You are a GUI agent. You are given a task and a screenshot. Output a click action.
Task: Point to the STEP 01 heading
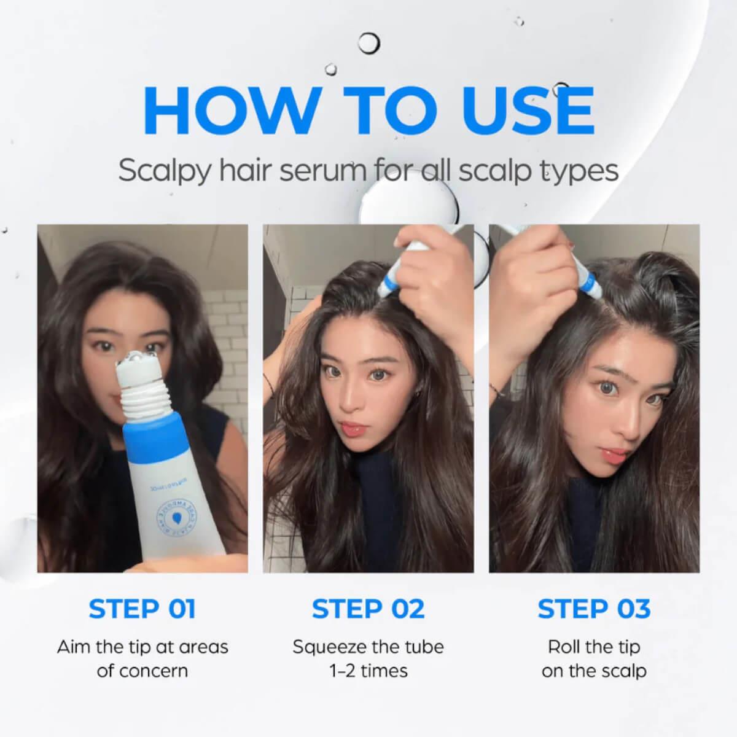click(x=142, y=609)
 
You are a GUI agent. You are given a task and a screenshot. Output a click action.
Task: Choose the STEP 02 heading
click(x=368, y=609)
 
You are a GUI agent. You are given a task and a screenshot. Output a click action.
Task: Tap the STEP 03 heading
click(x=594, y=609)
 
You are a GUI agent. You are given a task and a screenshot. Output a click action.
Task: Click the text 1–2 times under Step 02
click(x=368, y=670)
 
